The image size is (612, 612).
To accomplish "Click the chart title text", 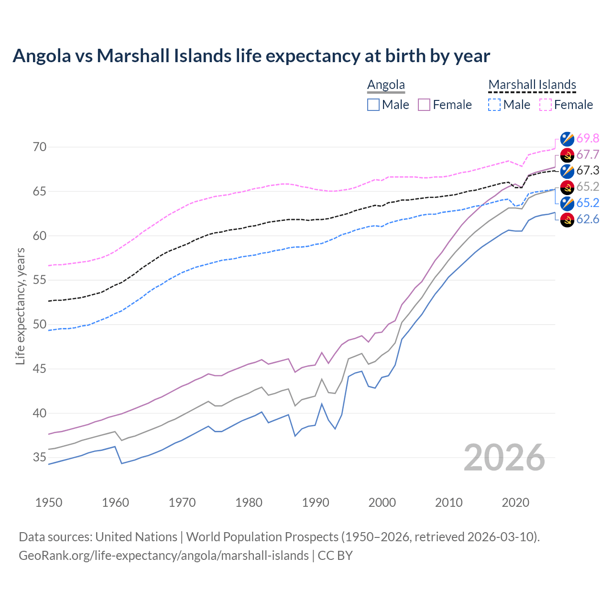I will (x=251, y=56).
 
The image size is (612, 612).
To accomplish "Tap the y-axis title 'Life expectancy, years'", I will (x=20, y=306).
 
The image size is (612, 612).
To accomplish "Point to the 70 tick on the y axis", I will (x=40, y=147).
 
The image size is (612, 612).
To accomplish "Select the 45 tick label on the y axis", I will (x=40, y=369).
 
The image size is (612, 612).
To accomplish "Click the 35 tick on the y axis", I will (x=40, y=458).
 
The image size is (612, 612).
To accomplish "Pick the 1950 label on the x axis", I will (x=49, y=503).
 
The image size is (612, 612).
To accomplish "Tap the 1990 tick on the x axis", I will (x=316, y=503).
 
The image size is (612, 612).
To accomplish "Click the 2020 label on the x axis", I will (x=515, y=503).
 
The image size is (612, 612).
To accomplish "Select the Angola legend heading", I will (x=386, y=85).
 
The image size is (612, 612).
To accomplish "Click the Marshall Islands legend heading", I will (x=532, y=85).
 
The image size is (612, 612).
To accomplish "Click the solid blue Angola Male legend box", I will (x=373, y=105).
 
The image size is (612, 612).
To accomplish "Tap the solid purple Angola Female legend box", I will (x=424, y=105).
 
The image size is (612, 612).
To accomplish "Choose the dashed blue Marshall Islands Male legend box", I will (x=494, y=105).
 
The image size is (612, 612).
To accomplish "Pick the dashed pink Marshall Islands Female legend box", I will (x=546, y=105).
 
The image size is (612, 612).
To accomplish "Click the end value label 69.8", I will (x=588, y=138).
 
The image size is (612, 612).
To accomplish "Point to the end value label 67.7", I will (x=588, y=154).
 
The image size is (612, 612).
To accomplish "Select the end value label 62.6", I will (x=588, y=219).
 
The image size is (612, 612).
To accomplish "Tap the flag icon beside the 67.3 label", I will (x=567, y=171).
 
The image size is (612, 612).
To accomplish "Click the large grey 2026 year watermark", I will (x=504, y=458).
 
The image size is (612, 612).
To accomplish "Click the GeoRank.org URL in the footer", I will (x=164, y=556).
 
